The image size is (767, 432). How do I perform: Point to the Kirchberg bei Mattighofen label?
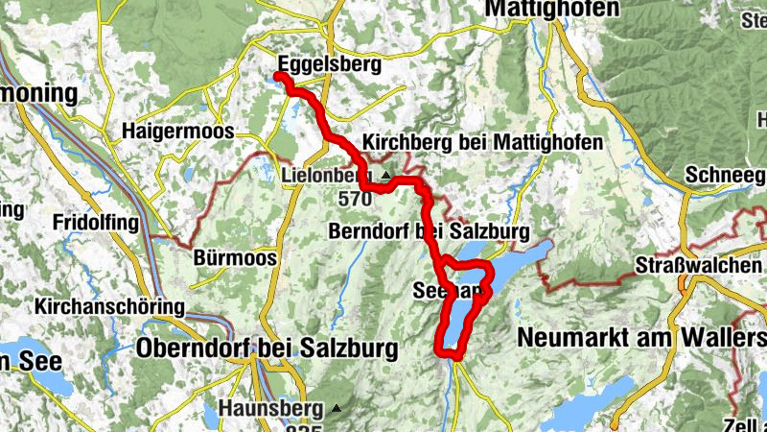483,142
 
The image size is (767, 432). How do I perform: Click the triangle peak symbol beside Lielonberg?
385,176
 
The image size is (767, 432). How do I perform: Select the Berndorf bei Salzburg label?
428,231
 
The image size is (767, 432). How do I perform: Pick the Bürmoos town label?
235,258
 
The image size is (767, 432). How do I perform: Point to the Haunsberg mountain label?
272,407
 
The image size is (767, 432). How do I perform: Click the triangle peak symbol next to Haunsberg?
336,408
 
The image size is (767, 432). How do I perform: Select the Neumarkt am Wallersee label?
640,337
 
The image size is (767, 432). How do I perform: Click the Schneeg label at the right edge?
725,176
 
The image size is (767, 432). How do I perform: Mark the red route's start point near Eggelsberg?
278,76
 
